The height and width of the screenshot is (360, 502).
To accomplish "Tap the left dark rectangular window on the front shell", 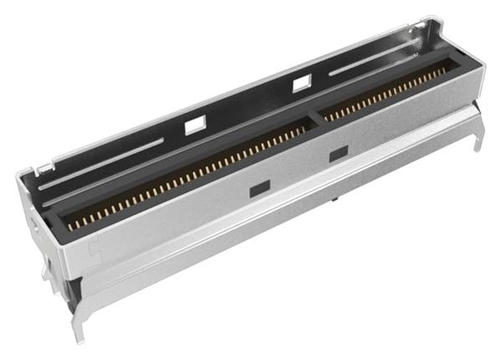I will [x=259, y=190].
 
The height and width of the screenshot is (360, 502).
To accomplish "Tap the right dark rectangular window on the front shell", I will [x=338, y=154].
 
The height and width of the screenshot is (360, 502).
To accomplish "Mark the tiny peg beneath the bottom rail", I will [x=335, y=200].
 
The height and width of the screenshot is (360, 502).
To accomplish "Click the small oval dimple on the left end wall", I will [x=33, y=224].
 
